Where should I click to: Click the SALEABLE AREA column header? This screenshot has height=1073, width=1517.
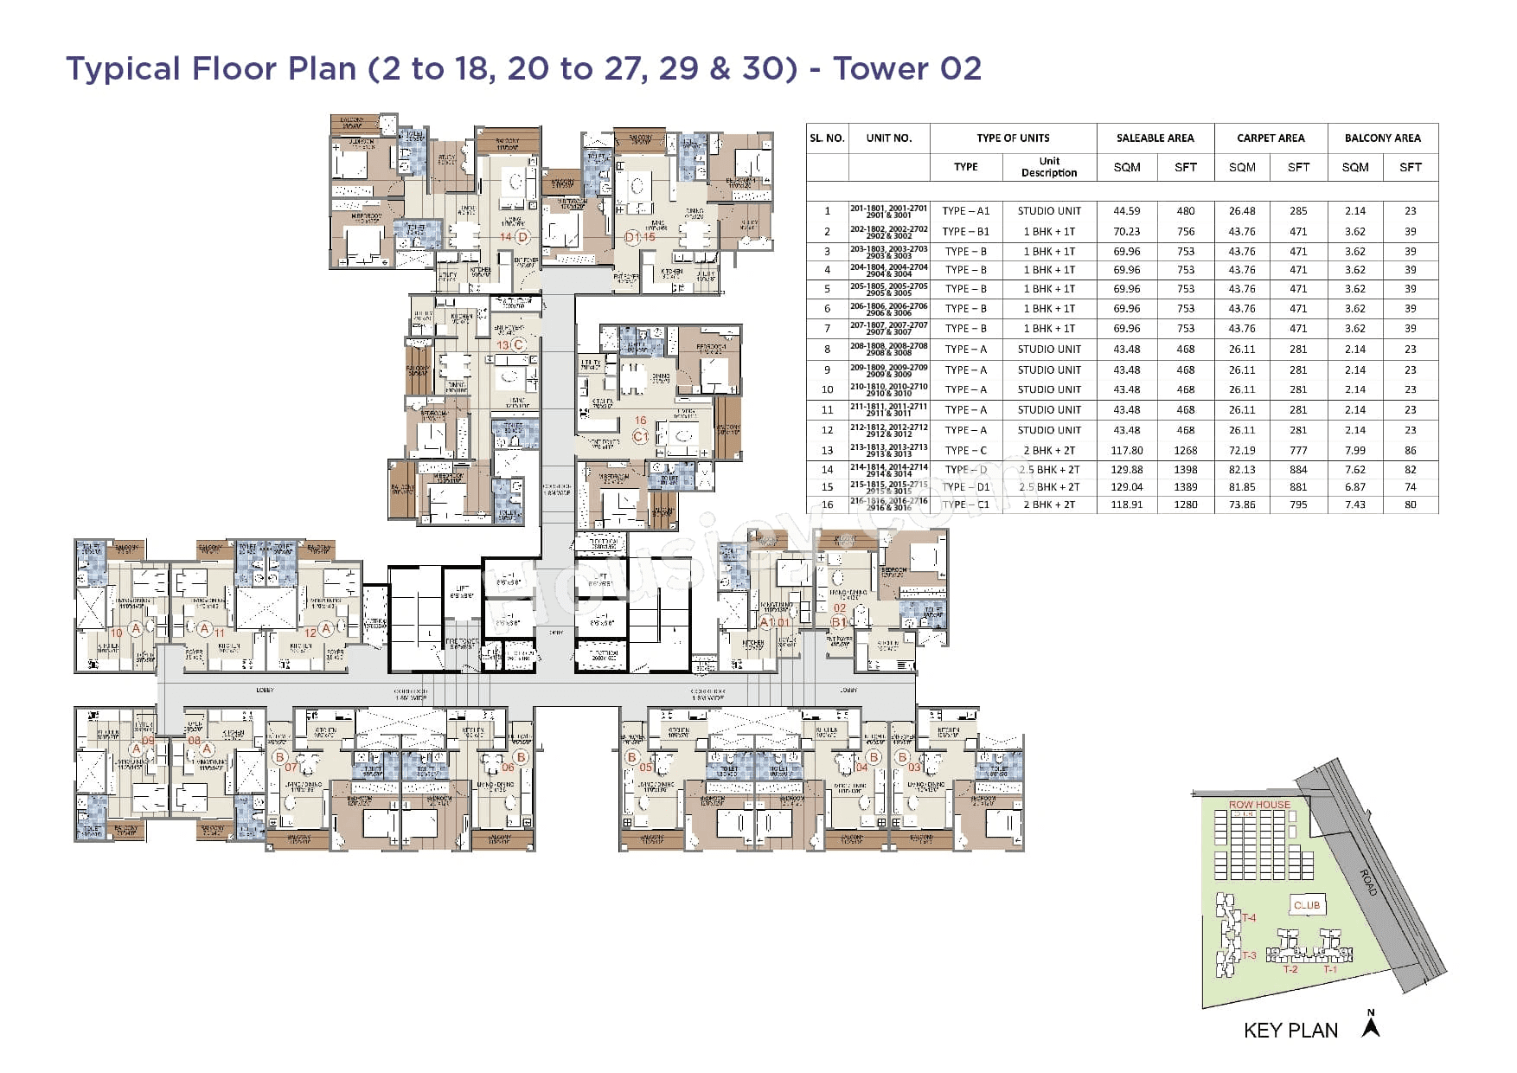(x=1155, y=138)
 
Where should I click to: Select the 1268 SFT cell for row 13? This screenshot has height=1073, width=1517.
(x=1185, y=450)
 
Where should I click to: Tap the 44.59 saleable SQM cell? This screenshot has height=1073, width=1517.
(x=1126, y=210)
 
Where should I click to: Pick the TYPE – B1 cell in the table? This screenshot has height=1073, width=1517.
(x=965, y=231)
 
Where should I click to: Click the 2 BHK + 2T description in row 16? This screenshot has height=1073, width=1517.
(x=1048, y=504)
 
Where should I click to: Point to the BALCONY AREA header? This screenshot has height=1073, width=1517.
(x=1382, y=138)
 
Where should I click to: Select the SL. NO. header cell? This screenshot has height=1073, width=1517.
(x=827, y=138)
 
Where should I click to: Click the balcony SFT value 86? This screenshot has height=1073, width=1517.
(x=1410, y=450)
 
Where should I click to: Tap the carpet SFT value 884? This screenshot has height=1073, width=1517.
(x=1297, y=470)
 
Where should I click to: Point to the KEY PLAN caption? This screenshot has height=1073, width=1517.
(x=1290, y=1030)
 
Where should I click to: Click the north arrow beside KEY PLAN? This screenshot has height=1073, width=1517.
(x=1370, y=1025)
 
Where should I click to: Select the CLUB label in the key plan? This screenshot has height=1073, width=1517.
(x=1306, y=905)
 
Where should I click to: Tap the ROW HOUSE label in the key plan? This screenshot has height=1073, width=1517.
(x=1258, y=805)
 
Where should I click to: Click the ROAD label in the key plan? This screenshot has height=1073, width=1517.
(x=1368, y=883)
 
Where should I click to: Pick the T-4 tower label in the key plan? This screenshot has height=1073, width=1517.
(x=1249, y=917)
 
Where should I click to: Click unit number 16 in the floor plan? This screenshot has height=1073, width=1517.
(x=640, y=421)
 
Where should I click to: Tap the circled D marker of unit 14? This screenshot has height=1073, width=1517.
(x=522, y=236)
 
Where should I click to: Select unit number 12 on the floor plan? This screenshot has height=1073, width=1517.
(x=310, y=633)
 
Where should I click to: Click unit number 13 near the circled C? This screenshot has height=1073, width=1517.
(x=502, y=344)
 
